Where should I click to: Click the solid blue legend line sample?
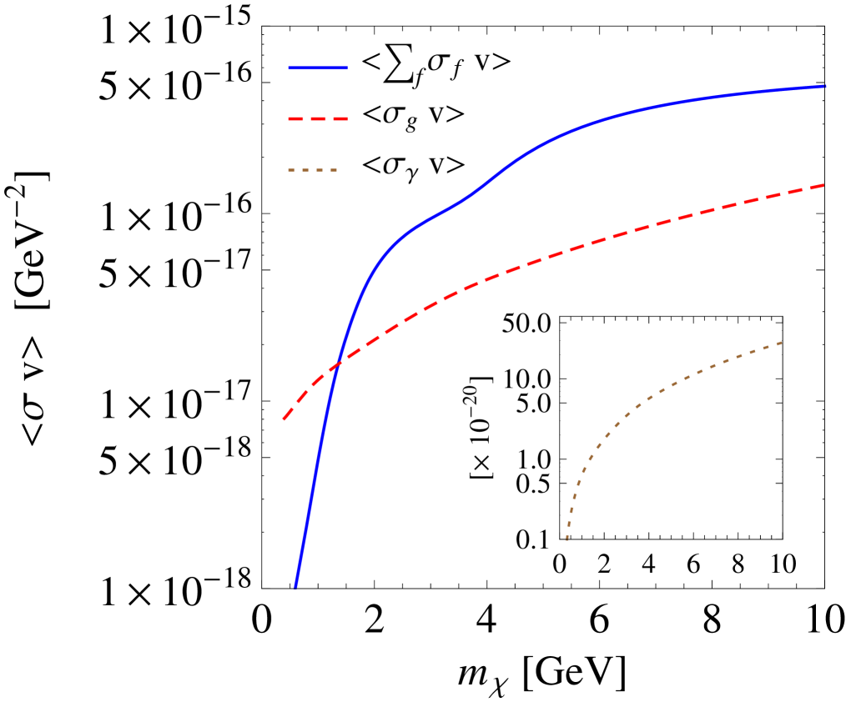click(x=318, y=68)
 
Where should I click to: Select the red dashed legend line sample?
click(x=318, y=119)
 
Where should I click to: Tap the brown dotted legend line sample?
click(x=313, y=170)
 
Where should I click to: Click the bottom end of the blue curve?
click(x=295, y=587)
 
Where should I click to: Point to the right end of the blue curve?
click(x=825, y=86)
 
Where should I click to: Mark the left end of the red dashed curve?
click(x=284, y=419)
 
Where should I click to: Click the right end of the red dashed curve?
click(x=824, y=185)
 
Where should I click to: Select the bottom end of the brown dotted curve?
click(x=567, y=540)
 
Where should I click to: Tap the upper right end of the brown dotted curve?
click(x=782, y=342)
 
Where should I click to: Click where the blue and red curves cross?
click(x=337, y=364)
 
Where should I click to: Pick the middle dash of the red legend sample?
click(x=318, y=119)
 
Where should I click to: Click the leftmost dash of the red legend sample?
click(x=294, y=119)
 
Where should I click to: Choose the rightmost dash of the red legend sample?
click(x=341, y=119)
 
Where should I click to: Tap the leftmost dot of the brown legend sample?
click(x=291, y=170)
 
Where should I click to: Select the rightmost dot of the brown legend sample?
click(x=334, y=170)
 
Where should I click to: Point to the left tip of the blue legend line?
click(x=289, y=68)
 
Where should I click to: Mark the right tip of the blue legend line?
click(x=347, y=68)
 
